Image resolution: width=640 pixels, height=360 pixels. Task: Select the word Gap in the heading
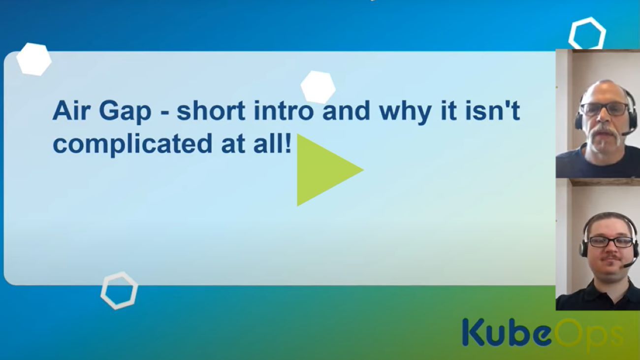click(125, 112)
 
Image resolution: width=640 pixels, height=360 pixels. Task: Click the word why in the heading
click(406, 112)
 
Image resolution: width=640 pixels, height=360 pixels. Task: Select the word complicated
click(132, 145)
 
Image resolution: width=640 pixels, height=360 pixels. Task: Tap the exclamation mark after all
click(288, 142)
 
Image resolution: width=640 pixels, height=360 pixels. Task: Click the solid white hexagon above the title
click(318, 87)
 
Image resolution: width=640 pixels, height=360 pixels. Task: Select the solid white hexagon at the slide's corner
click(34, 59)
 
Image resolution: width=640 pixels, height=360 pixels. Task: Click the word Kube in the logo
click(506, 332)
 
